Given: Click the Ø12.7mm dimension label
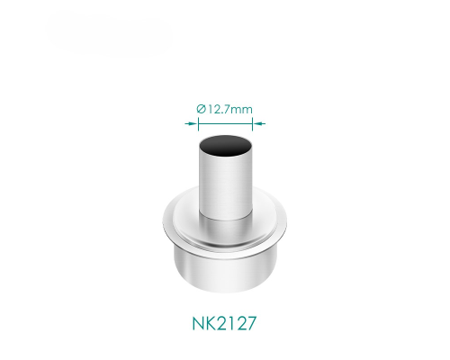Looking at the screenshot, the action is point(224,109).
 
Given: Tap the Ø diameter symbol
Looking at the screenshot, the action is point(201,109).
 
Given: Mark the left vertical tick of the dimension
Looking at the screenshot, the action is point(198,124).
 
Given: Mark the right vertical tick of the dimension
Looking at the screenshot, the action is point(253,124).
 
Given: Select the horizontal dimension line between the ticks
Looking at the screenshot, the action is point(225,123).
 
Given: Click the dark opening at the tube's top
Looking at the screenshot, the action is point(225,146).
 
